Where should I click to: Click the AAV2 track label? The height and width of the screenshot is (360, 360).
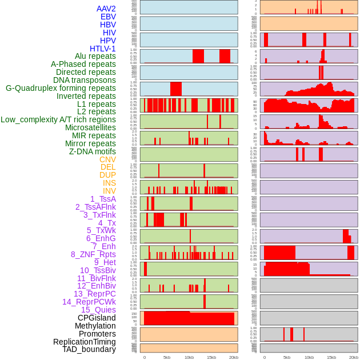pos(106,9)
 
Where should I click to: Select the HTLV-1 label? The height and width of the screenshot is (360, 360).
pos(103,49)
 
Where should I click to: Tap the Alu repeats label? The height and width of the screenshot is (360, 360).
pos(95,57)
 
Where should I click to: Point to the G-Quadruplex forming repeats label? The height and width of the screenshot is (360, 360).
pos(61,88)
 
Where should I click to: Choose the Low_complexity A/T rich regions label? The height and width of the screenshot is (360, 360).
pos(58,119)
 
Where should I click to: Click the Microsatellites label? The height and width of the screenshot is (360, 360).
pos(90,127)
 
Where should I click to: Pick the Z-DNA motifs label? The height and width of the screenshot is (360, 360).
pos(93,151)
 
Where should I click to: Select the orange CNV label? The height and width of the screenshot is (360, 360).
pos(107,159)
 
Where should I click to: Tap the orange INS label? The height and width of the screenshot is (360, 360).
pos(109,183)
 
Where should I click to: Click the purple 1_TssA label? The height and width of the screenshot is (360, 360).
pos(103,199)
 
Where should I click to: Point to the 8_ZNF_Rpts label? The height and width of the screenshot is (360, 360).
pos(93,254)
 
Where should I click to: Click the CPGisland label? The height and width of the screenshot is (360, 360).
pos(97,318)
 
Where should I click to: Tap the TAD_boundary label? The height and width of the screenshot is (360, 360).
pos(89,349)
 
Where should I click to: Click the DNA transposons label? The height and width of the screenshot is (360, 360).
pos(85,80)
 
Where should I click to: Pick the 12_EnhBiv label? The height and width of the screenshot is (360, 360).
pos(97,286)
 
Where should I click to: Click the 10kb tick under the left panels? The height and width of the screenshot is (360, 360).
pos(189,357)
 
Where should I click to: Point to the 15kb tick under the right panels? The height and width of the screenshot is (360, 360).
pos(331,357)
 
